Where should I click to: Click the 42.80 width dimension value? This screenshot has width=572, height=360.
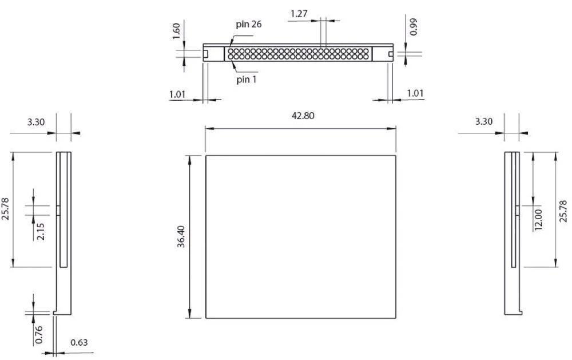300,116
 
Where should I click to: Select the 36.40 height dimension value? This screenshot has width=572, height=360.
181,236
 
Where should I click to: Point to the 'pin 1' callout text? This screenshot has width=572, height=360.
247,79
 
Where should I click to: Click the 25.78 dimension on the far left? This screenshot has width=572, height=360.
5,209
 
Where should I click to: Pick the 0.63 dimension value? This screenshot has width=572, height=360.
80,343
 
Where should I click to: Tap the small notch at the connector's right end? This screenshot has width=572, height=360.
391,54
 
